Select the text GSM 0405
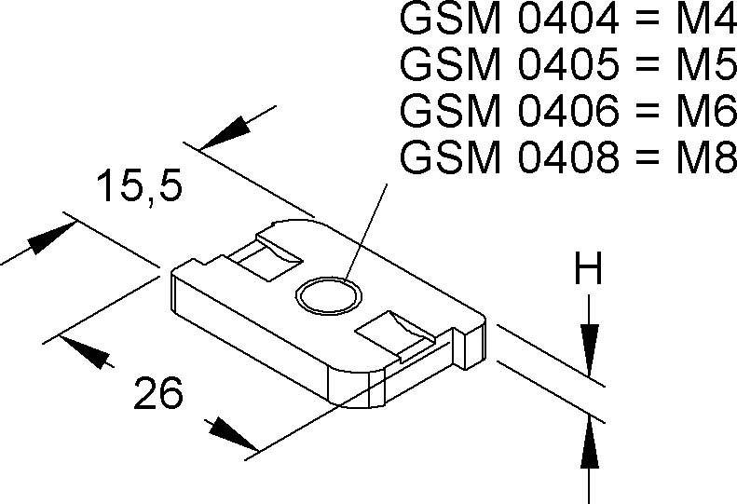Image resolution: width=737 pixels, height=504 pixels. [x=507, y=64]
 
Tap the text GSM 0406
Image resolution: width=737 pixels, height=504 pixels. [x=507, y=111]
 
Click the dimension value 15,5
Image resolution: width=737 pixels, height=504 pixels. [x=139, y=187]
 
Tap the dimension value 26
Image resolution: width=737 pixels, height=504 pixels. [x=157, y=394]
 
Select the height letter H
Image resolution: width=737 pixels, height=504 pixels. [x=588, y=271]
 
